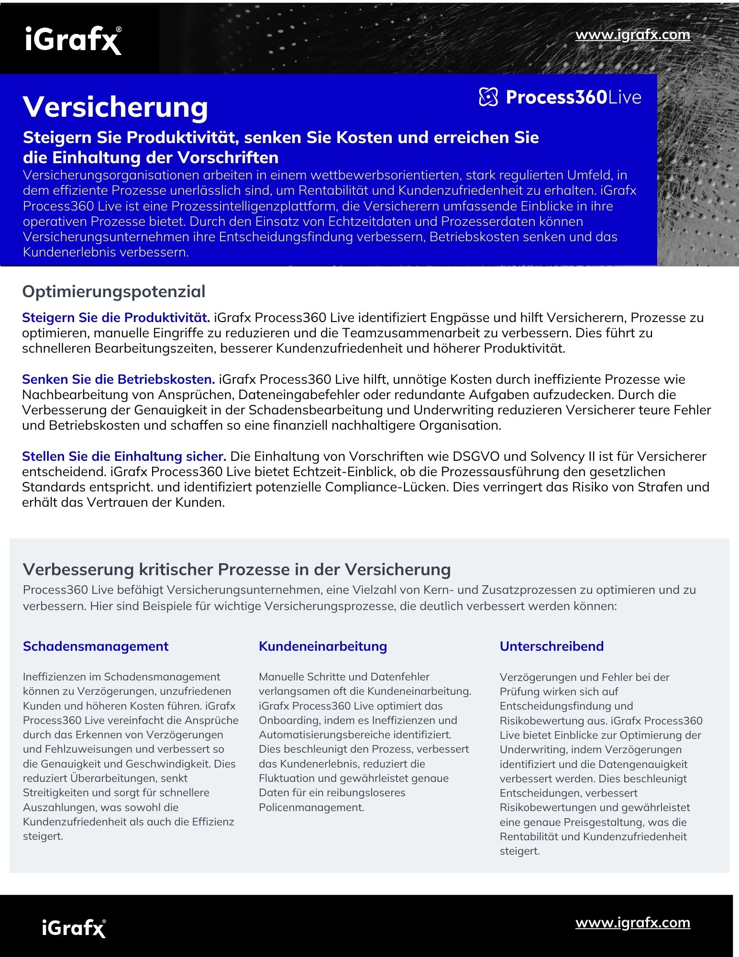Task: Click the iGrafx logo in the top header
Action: (73, 40)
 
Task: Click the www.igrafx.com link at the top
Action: (632, 35)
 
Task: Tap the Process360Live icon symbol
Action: (488, 97)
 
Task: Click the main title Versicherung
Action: (115, 106)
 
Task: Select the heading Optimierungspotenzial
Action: (114, 291)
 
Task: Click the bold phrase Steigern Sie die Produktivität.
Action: (116, 318)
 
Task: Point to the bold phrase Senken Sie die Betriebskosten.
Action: (118, 379)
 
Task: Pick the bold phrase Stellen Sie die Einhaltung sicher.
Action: (124, 456)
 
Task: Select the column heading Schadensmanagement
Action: (96, 646)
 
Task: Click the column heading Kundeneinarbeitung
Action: (323, 646)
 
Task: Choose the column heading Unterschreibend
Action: (551, 646)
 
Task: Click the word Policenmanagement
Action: (311, 808)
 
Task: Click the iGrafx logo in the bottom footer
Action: (74, 928)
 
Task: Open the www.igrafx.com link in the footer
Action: (632, 923)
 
